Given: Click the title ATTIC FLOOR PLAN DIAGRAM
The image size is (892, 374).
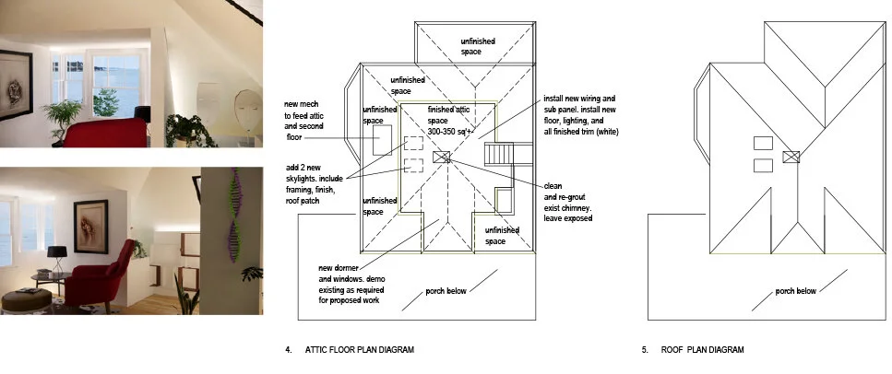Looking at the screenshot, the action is [360, 349].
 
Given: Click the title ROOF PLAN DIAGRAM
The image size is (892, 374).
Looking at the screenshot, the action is [702, 349].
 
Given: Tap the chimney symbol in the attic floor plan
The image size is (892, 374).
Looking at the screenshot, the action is [442, 157].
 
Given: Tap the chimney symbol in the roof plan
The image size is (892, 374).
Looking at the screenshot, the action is [791, 157].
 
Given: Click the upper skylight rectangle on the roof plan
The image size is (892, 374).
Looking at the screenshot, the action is [763, 143].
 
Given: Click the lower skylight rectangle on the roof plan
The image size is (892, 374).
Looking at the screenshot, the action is [763, 166].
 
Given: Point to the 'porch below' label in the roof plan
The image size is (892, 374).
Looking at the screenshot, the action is [796, 291].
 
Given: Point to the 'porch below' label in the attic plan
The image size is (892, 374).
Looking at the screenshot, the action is [446, 291].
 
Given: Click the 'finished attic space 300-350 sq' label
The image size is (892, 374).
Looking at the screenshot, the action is [449, 121].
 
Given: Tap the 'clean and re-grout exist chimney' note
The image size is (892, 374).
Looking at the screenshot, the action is [568, 202].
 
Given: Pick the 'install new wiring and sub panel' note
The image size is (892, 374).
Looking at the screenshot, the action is [581, 115].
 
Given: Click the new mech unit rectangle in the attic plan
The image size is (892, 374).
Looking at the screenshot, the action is [382, 140].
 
